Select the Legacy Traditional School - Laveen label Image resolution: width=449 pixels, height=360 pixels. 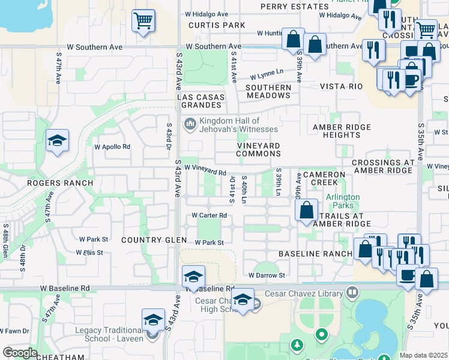tap(109, 334)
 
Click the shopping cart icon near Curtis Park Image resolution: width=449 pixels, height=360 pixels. tap(143, 22)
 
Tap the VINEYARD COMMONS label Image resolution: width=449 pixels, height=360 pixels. tap(259, 149)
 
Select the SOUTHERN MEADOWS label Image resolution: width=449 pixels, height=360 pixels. tap(268, 91)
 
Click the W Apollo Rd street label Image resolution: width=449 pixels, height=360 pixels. tap(112, 146)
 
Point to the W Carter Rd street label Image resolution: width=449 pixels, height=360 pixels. tap(209, 215)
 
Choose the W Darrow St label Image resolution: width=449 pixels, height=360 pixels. tap(267, 275)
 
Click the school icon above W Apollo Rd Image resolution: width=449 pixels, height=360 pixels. tap(57, 142)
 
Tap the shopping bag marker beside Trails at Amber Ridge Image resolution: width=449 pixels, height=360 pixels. tap(306, 211)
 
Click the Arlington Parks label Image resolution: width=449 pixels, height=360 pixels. tap(343, 201)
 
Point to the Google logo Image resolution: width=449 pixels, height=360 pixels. tap(20, 353)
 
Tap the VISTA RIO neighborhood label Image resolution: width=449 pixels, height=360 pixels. tap(342, 86)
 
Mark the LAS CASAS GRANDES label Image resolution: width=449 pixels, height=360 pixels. tap(201, 101)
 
